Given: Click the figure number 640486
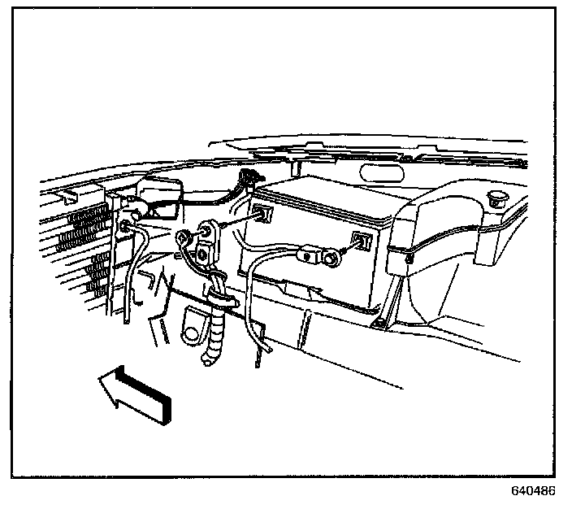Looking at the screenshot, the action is (533, 492).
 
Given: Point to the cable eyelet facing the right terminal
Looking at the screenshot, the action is (331, 259).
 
